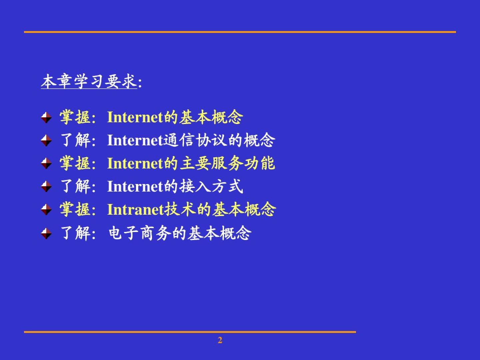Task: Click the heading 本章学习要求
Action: tap(89, 81)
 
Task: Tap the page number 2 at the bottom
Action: tap(220, 340)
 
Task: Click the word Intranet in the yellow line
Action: tap(135, 209)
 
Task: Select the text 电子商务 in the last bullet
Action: tap(140, 233)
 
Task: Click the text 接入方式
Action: tap(211, 186)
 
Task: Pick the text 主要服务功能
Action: tap(227, 163)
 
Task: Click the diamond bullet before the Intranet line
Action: tap(46, 209)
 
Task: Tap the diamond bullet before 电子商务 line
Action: tap(46, 233)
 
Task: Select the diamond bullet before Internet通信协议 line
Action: tap(46, 140)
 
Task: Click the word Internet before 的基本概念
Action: tap(135, 117)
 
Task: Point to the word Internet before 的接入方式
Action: tap(135, 186)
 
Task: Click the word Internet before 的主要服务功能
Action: tap(135, 163)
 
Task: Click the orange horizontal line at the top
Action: tap(240, 32)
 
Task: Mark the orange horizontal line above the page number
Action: tap(190, 332)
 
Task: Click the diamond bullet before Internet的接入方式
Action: tap(46, 186)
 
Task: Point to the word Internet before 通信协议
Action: tap(135, 140)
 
